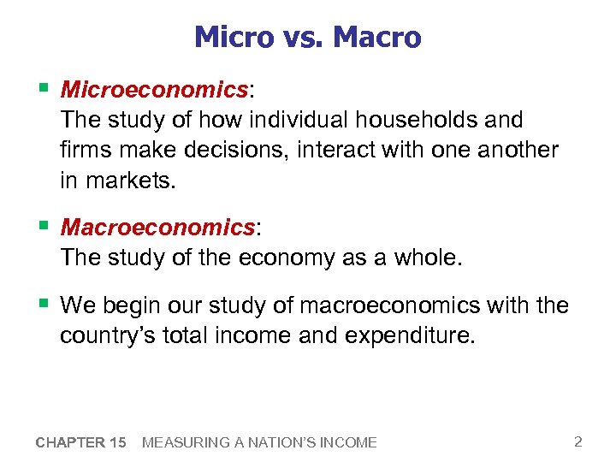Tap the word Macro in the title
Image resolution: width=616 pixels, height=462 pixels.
tap(377, 38)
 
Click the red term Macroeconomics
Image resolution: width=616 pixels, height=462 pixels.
tap(157, 228)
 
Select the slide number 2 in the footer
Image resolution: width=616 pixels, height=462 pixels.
tap(578, 441)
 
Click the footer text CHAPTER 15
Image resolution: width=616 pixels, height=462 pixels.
tap(81, 442)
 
